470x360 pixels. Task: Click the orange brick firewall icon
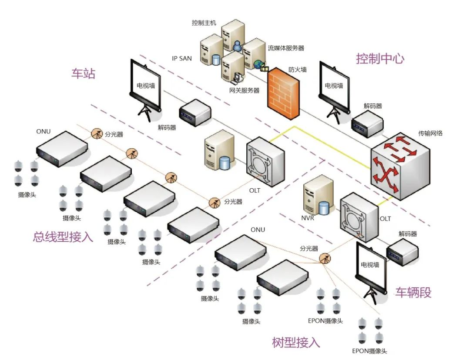coord(284,93)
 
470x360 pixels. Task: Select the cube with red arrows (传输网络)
coord(399,165)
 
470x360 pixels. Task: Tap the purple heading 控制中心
coord(379,59)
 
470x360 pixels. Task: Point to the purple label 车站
coord(83,73)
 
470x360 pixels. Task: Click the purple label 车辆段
coord(413,293)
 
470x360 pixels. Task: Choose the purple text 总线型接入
coord(63,237)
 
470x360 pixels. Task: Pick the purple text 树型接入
coord(296,343)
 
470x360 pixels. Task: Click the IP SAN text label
coord(182,58)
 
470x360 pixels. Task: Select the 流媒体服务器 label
coord(285,48)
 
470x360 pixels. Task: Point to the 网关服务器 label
coord(244,90)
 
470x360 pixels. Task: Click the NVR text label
coord(307,218)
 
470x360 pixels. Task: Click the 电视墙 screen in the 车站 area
coord(146,86)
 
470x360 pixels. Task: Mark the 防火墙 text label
coord(298,70)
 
